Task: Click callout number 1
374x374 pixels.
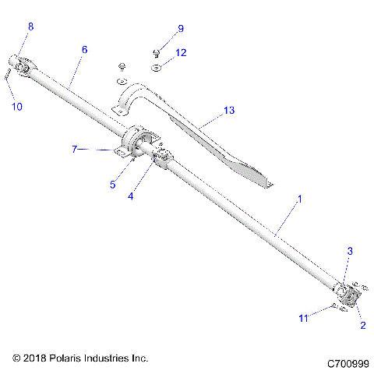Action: pyautogui.click(x=298, y=200)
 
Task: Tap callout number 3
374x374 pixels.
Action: pyautogui.click(x=351, y=251)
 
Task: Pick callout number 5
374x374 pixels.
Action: pyautogui.click(x=113, y=185)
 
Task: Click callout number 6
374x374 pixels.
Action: pyautogui.click(x=84, y=49)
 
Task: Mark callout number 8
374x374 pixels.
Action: pyautogui.click(x=31, y=27)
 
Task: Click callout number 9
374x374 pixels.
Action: pyautogui.click(x=181, y=29)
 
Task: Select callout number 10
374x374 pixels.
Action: pyautogui.click(x=16, y=106)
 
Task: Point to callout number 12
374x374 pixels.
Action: pyautogui.click(x=181, y=53)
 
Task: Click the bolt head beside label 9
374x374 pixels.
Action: pyautogui.click(x=156, y=53)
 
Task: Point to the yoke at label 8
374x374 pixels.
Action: pyautogui.click(x=22, y=65)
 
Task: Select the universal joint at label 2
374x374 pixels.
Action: pyautogui.click(x=347, y=295)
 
